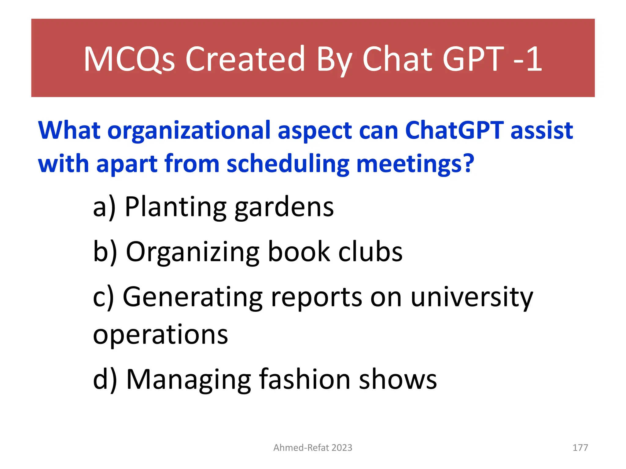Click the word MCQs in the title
[x=129, y=59]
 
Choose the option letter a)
[x=104, y=208]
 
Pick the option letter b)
[x=105, y=252]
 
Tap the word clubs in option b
[x=370, y=252]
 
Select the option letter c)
[x=103, y=297]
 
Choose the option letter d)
[x=105, y=380]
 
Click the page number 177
[x=580, y=448]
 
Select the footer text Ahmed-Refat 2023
[x=313, y=448]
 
